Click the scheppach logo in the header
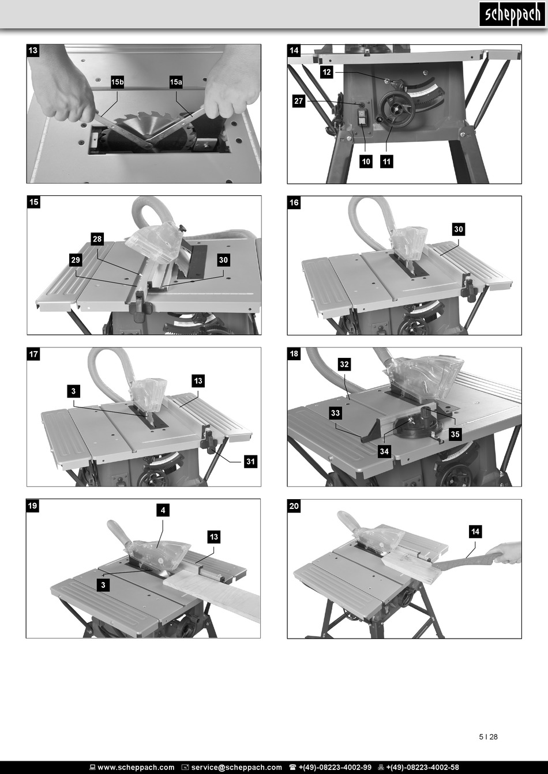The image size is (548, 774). (x=512, y=14)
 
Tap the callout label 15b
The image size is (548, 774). (x=117, y=82)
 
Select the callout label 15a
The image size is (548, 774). (x=175, y=82)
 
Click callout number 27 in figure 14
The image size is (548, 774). (x=299, y=101)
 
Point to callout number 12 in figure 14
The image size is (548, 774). (x=326, y=72)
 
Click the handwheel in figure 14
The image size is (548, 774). (x=395, y=110)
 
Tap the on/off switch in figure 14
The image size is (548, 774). (x=362, y=117)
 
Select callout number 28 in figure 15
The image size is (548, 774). (x=97, y=239)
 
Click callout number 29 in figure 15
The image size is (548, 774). (x=76, y=260)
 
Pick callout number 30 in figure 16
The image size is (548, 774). (x=459, y=229)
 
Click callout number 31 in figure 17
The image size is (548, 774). (x=250, y=461)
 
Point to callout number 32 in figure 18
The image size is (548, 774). (x=344, y=364)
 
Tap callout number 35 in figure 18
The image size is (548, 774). (x=455, y=434)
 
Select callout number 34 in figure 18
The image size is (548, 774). (x=384, y=451)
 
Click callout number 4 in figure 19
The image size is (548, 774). (x=163, y=510)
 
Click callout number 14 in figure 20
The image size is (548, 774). (x=475, y=531)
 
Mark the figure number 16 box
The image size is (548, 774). (x=294, y=202)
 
